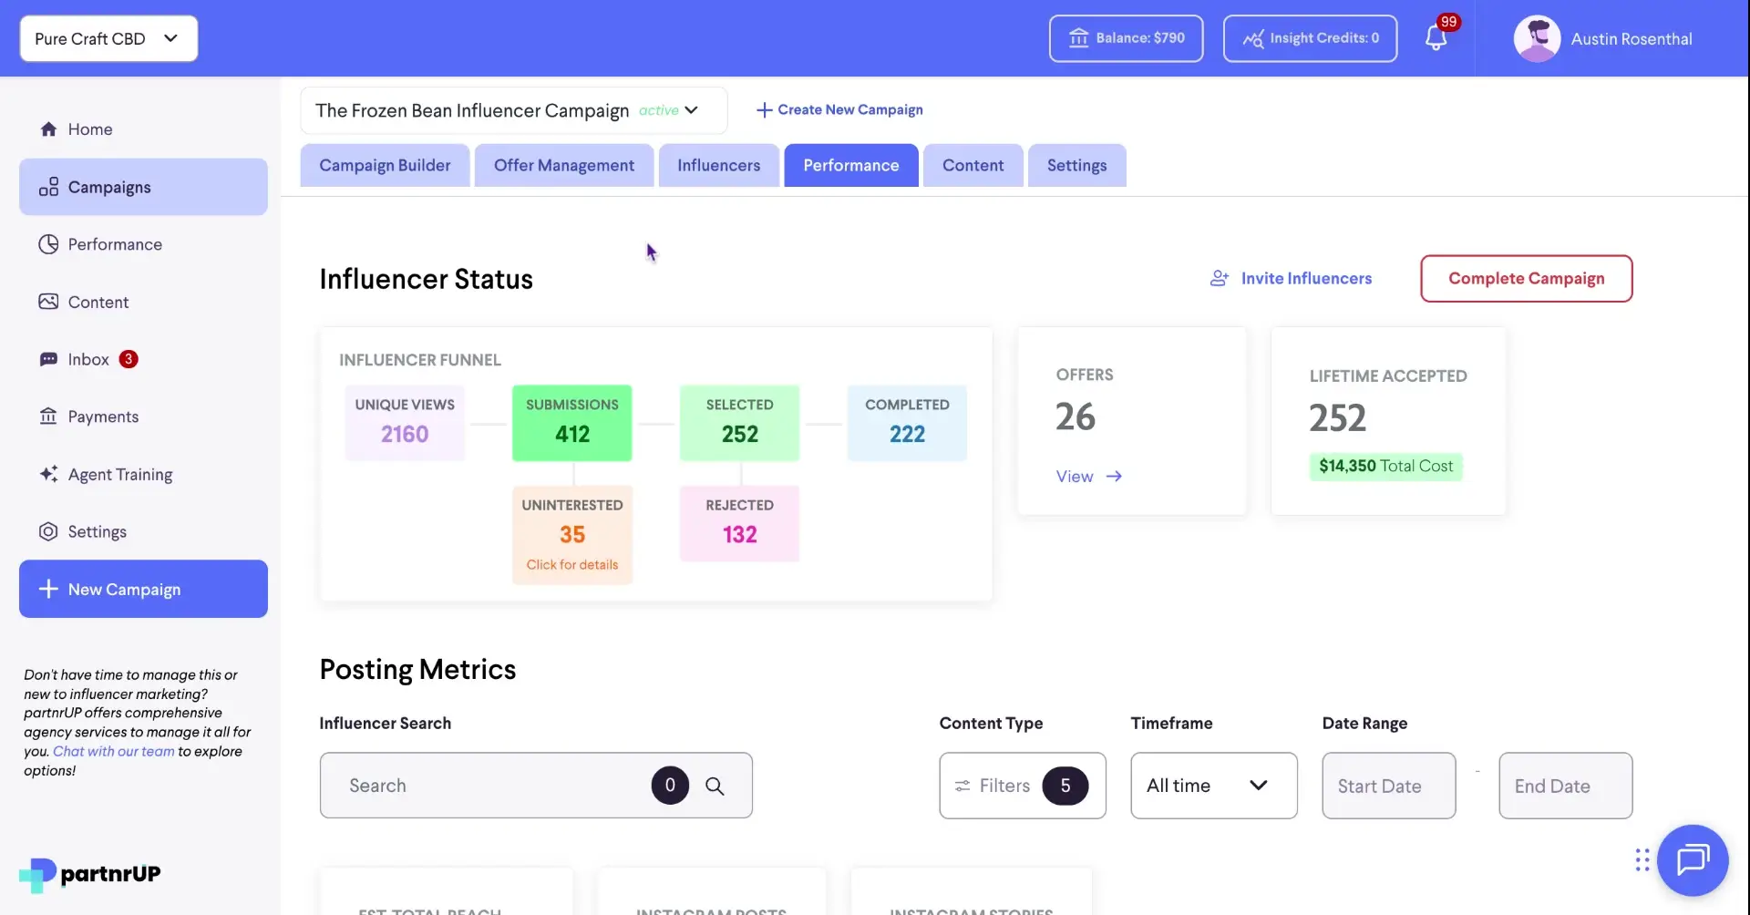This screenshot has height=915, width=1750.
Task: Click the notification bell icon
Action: tap(1436, 38)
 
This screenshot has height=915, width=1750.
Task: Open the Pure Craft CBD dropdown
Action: tap(108, 38)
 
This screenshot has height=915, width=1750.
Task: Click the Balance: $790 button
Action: tap(1126, 38)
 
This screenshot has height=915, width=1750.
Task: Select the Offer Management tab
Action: tap(563, 165)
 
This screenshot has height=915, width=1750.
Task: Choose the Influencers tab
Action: tap(718, 165)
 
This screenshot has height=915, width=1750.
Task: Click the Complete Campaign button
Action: tap(1526, 278)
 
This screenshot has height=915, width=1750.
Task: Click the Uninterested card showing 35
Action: tap(572, 534)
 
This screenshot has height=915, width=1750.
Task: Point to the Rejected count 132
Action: tap(739, 534)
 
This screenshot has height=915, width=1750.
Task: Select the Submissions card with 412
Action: tap(572, 423)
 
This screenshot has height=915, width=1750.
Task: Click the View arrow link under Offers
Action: tap(1088, 476)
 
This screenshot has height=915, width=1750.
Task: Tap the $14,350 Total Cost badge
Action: tap(1385, 466)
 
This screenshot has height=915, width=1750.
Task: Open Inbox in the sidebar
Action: tap(88, 359)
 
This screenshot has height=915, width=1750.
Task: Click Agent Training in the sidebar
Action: tap(119, 474)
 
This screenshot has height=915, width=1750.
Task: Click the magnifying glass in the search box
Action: tap(715, 786)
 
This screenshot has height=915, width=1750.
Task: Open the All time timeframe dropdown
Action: tap(1213, 786)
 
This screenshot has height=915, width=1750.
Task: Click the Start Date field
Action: tap(1388, 786)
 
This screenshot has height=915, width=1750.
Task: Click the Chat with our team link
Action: tap(113, 751)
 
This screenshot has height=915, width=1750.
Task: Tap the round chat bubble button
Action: tap(1693, 859)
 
